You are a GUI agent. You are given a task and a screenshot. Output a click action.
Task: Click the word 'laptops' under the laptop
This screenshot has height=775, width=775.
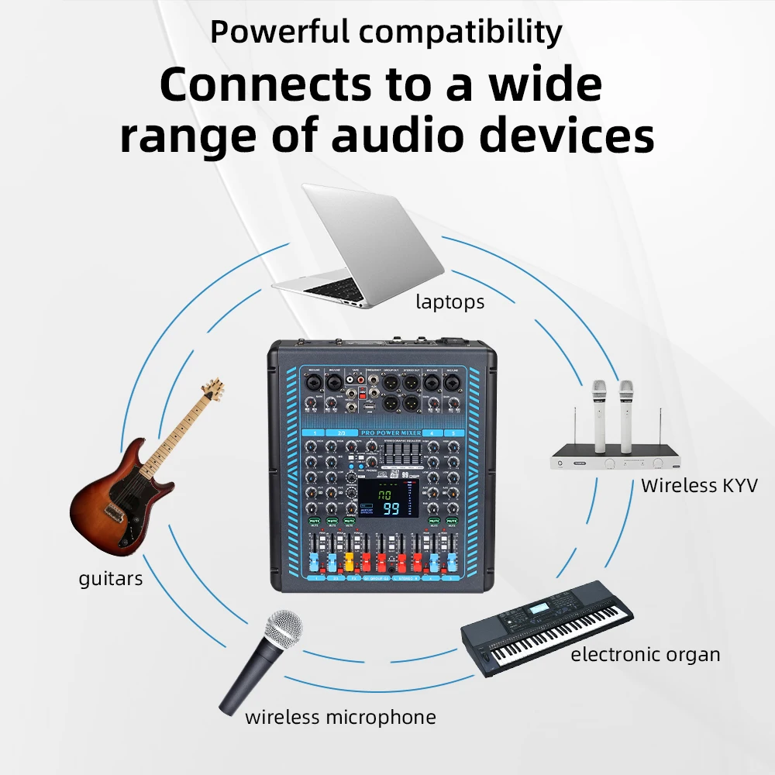pos(449,302)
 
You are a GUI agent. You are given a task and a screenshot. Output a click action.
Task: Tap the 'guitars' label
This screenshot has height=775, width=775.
pos(111,578)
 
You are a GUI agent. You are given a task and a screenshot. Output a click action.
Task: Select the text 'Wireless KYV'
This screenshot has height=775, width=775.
pos(699,486)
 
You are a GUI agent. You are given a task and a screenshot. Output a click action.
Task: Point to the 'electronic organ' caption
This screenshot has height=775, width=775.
pos(646,655)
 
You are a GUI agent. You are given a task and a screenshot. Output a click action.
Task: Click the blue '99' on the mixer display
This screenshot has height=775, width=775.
pos(392,509)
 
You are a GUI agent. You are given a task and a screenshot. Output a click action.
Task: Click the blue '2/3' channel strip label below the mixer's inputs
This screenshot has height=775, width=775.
pos(341,432)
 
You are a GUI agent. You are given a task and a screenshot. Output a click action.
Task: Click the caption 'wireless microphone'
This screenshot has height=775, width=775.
pos(340,717)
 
